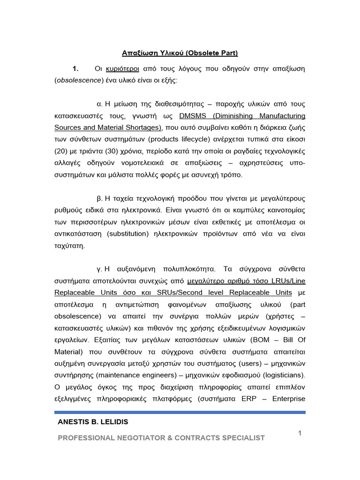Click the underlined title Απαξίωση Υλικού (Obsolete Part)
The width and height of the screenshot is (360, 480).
tap(180, 53)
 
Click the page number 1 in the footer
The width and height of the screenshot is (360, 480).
tap(300, 434)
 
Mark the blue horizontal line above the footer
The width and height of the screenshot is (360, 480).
tap(180, 412)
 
